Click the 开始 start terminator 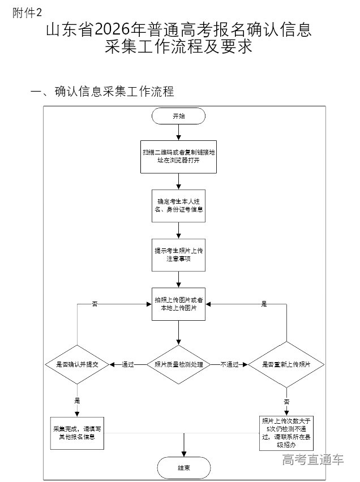coord(178,116)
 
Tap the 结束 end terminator coord(184,468)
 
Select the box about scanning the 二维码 coord(178,157)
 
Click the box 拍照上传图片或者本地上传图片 coord(179,304)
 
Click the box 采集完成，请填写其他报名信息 coord(78,433)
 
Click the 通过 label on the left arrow coord(127,365)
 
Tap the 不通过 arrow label coord(230,365)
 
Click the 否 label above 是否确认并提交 coord(95,304)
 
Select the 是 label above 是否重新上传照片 coord(264,304)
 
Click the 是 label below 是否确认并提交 coord(77,400)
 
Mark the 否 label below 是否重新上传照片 coord(286,401)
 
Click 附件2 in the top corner coord(27,12)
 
